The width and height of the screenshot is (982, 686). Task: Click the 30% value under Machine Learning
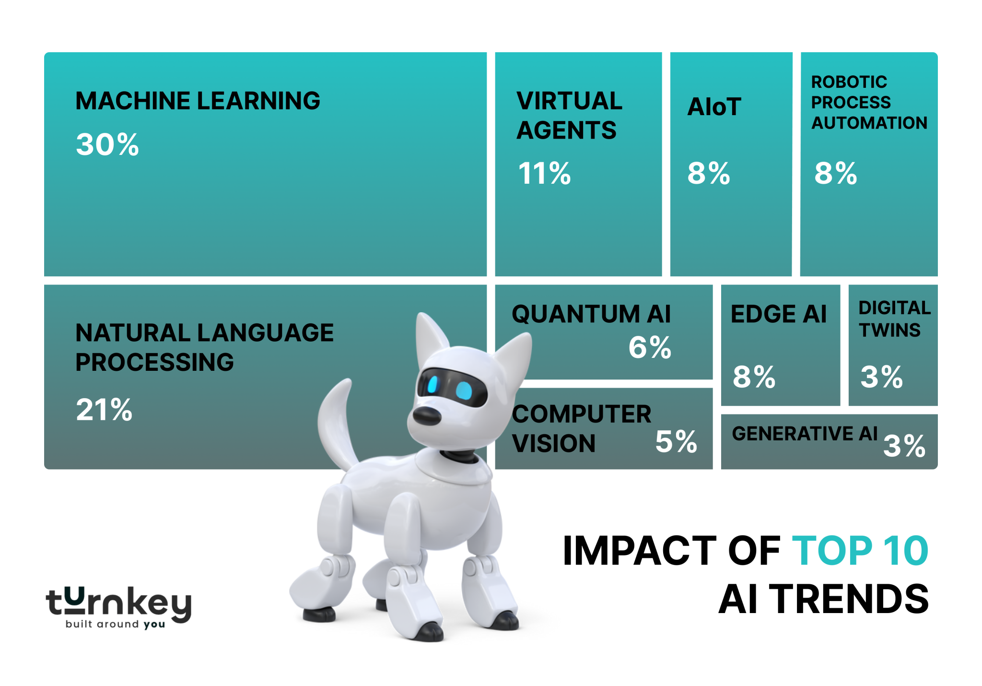point(107,144)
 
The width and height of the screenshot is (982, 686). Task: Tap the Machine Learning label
point(198,101)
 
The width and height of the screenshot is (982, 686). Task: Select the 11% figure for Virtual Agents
point(544,173)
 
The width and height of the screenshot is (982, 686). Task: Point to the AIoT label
point(714,107)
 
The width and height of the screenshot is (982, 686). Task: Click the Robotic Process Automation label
point(868,102)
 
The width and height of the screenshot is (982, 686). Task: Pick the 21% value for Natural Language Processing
point(104,410)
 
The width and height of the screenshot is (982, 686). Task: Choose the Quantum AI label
point(591,314)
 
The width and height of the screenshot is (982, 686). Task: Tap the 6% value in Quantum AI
point(650,347)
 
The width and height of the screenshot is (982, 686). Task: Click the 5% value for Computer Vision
point(676,441)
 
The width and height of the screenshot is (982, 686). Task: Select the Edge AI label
point(778,314)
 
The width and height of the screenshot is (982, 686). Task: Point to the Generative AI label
point(804,434)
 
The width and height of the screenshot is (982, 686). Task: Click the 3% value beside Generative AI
point(904,446)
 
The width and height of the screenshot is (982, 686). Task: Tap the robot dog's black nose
point(426,415)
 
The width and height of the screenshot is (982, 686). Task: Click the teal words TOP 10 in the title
point(860,551)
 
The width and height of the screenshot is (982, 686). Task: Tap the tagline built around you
point(115,625)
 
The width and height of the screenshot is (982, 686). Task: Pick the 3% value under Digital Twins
point(881,377)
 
